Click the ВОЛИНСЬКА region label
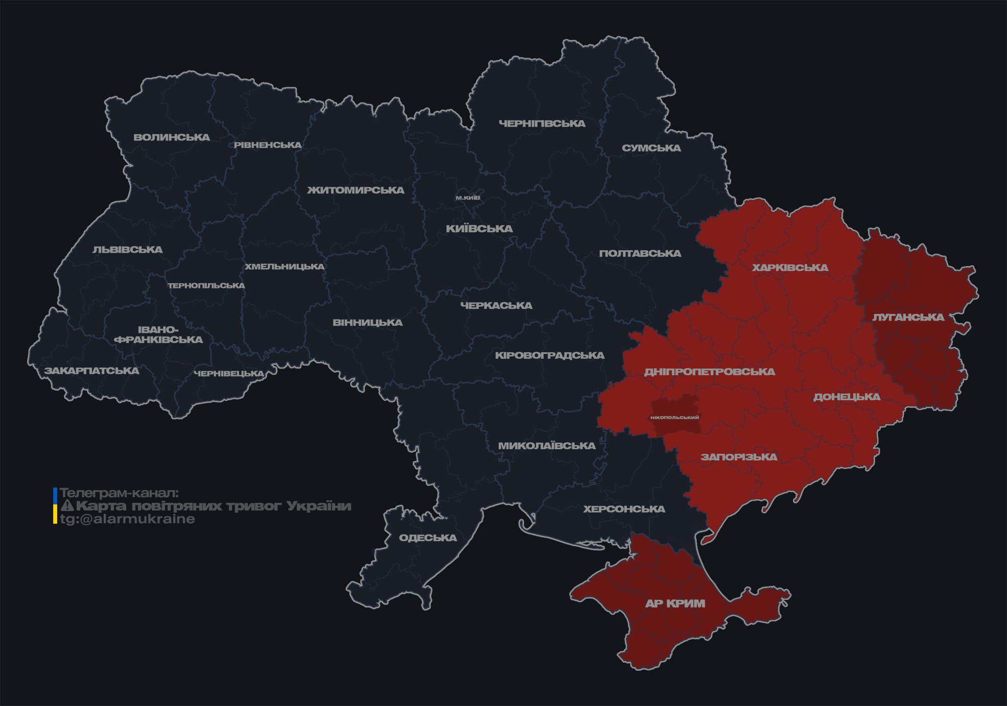(172, 137)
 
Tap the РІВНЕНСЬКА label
(268, 145)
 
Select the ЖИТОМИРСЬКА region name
(356, 190)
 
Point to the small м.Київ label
(467, 198)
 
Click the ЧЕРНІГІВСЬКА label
(542, 124)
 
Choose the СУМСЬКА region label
(651, 148)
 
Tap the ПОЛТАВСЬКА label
(640, 254)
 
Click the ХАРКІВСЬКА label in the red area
(790, 267)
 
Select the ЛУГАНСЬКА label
(908, 317)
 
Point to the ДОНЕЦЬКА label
(847, 397)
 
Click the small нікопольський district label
(674, 418)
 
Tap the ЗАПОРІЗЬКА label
(739, 457)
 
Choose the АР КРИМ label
(675, 603)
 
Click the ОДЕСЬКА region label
(428, 538)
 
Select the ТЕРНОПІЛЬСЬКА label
(206, 286)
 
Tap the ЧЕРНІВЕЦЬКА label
(229, 374)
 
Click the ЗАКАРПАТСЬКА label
(91, 371)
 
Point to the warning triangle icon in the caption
(67, 506)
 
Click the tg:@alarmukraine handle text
(127, 519)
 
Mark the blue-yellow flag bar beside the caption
(55, 506)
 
